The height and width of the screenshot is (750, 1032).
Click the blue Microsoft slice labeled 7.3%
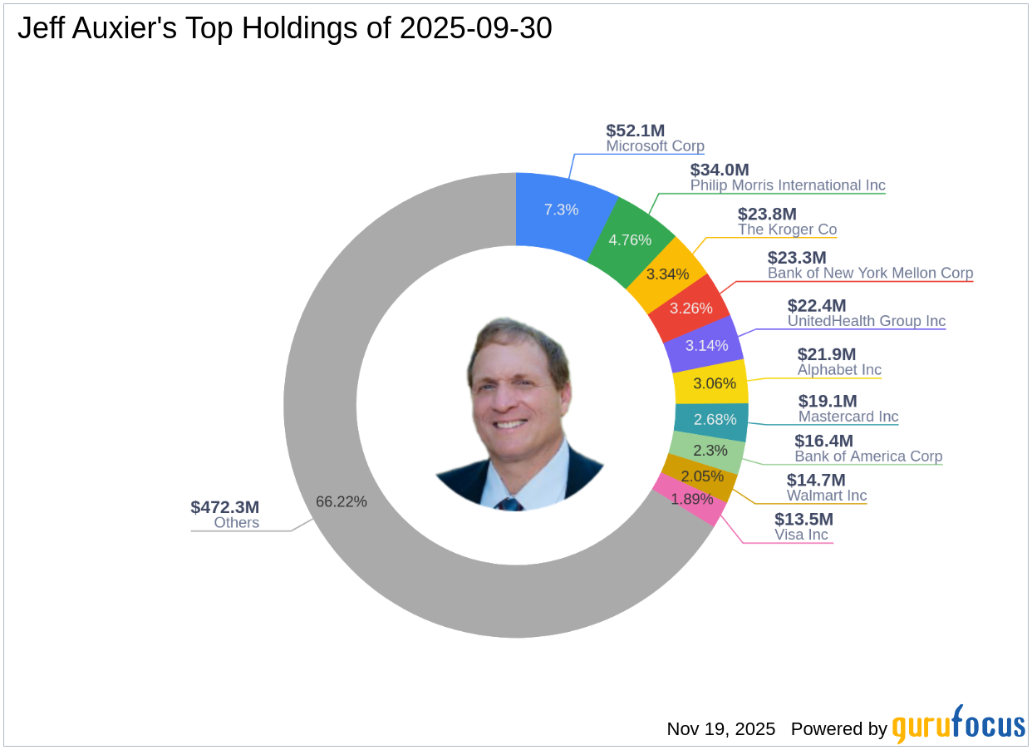[x=561, y=210]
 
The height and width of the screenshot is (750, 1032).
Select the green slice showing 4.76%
[x=630, y=240]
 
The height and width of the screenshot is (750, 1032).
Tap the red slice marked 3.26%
[x=691, y=308]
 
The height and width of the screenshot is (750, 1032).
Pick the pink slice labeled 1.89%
[x=692, y=499]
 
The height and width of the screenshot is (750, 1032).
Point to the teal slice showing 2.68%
[x=715, y=420]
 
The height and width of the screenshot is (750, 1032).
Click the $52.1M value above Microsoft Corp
[x=635, y=131]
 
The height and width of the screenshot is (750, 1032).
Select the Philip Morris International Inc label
[x=788, y=185]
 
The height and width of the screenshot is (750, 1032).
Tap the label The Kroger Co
[x=787, y=229]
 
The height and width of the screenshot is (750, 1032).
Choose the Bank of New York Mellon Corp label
[x=870, y=273]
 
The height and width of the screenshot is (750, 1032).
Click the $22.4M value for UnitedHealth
[x=817, y=306]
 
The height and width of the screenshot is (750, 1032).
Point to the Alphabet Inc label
[x=839, y=370]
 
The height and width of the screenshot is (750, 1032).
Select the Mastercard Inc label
[x=848, y=417]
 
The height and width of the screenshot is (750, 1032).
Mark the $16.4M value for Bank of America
[x=823, y=441]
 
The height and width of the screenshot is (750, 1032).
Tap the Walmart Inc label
[x=827, y=496]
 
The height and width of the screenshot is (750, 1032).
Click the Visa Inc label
[x=801, y=535]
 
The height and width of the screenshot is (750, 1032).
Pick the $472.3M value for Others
[x=224, y=507]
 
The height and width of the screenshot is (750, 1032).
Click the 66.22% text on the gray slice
[x=341, y=501]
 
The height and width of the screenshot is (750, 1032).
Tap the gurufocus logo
[x=958, y=725]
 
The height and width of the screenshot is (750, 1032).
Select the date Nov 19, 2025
[x=720, y=729]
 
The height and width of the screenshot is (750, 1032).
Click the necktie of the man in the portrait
[x=509, y=504]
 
